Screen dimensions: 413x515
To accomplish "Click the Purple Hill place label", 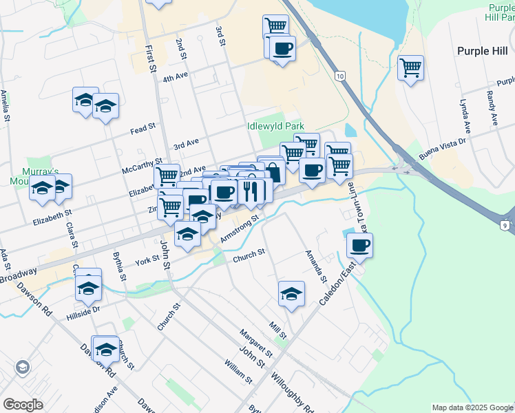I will point(482,51).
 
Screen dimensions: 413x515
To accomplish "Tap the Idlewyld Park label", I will point(275,127).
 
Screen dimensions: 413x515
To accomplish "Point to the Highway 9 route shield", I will point(507,225).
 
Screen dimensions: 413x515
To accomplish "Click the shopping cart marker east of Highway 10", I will point(410,67).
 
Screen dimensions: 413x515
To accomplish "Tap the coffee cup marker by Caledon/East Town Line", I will point(359,244).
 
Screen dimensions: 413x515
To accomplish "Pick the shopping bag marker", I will point(273,171).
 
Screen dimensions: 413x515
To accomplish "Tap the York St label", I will point(147,261).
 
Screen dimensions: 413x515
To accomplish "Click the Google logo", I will point(23,405).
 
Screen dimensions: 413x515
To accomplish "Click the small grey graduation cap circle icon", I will point(22,367).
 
